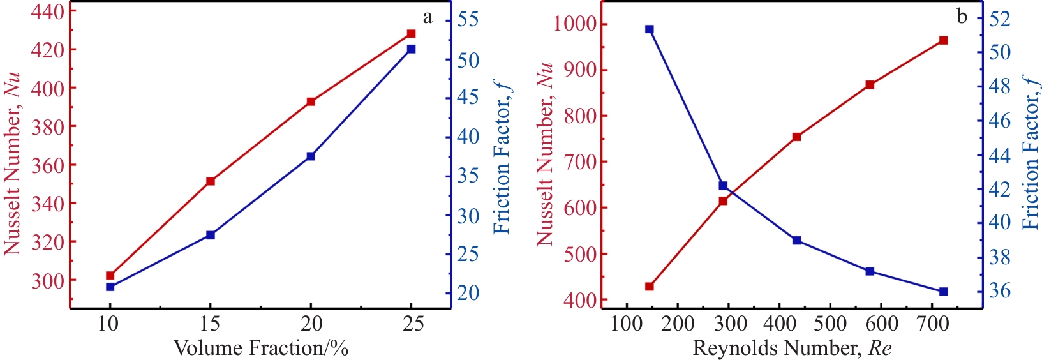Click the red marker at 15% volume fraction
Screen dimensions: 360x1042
click(x=211, y=181)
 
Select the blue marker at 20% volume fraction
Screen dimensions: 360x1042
click(x=311, y=156)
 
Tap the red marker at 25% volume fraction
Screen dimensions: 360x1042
click(x=412, y=33)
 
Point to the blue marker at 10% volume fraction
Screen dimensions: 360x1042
click(x=110, y=287)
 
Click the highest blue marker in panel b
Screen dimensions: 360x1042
click(x=649, y=29)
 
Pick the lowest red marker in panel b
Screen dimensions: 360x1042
click(x=649, y=286)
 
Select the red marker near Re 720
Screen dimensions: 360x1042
click(x=944, y=40)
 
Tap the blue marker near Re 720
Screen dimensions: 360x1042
click(x=944, y=292)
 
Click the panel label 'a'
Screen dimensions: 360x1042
click(x=428, y=17)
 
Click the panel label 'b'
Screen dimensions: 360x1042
click(x=962, y=17)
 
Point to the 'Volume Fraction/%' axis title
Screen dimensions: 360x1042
click(x=261, y=348)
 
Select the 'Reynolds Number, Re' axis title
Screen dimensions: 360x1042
click(x=792, y=348)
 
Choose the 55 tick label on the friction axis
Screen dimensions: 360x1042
click(x=468, y=19)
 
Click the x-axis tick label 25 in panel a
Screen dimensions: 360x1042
click(x=412, y=324)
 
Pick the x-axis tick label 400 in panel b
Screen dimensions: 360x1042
click(x=779, y=324)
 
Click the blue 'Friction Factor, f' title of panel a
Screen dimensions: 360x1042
click(x=503, y=156)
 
